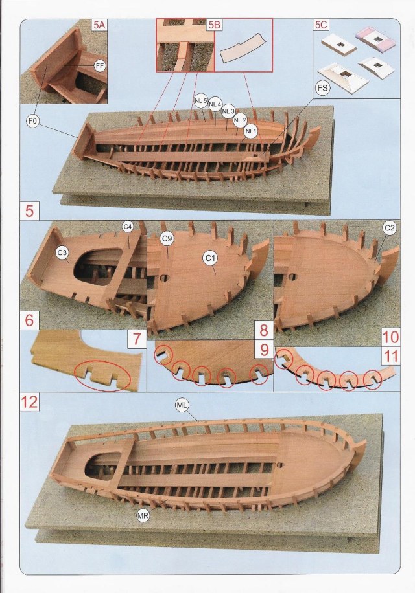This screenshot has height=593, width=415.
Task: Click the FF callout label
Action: pos(99,65)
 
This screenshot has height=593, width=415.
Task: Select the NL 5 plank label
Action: pos(201,100)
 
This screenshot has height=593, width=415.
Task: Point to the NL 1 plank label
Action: pos(251,131)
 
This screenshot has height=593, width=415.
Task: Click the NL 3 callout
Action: pos(228,111)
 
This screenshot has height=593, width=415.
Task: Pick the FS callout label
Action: pos(322,87)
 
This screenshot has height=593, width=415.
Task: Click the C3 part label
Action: pos(63,252)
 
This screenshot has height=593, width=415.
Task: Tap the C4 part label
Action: pos(128,227)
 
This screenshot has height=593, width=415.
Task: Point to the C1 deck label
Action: pos(209,259)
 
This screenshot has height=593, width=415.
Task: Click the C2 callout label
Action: pos(390,228)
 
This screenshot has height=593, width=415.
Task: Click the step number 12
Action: pos(30,401)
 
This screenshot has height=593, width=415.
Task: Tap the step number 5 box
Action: pos(29,211)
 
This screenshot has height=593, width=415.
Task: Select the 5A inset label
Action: pos(99,25)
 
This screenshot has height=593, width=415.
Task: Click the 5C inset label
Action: pos(320,25)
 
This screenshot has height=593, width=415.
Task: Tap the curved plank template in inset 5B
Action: pos(244,49)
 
